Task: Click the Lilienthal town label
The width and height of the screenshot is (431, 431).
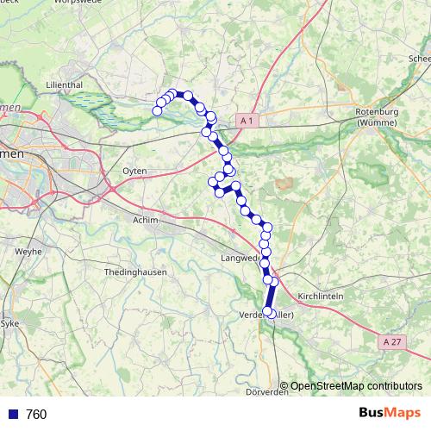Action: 64,85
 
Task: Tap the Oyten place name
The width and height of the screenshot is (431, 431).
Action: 135,172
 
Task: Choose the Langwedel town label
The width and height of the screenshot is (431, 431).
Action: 241,258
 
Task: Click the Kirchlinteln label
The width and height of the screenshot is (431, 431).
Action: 320,296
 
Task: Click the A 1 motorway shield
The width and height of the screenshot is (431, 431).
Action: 247,122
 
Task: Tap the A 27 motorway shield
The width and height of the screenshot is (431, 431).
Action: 390,342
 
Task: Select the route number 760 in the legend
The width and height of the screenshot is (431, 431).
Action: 36,415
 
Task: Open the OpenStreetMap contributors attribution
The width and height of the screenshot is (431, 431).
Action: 355,385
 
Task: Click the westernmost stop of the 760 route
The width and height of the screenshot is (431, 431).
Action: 157,110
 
